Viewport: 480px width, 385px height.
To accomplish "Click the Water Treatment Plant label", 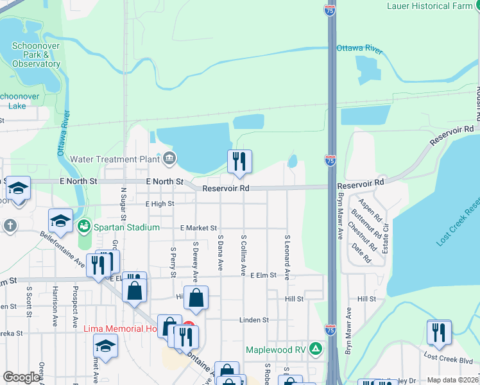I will point(114,159).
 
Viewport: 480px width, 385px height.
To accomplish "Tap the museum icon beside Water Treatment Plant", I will point(169,157).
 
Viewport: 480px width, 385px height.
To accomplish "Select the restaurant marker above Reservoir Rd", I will point(239,162).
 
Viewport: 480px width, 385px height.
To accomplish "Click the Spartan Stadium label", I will point(126,227).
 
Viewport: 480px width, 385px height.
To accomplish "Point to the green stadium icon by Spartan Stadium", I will point(83,227).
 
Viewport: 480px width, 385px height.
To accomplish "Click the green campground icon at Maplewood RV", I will point(315,350).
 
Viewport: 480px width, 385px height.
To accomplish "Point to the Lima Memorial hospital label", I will point(121,329).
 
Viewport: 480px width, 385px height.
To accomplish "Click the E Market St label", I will point(198,228).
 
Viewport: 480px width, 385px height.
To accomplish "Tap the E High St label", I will point(160,204).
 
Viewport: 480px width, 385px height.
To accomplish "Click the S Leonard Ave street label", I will point(287,257).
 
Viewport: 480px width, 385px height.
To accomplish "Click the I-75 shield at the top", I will point(330,11).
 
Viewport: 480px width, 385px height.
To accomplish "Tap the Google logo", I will point(21,377).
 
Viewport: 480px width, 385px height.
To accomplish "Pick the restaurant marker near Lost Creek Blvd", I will point(440,333).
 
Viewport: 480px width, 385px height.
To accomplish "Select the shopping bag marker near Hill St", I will point(196,298).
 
